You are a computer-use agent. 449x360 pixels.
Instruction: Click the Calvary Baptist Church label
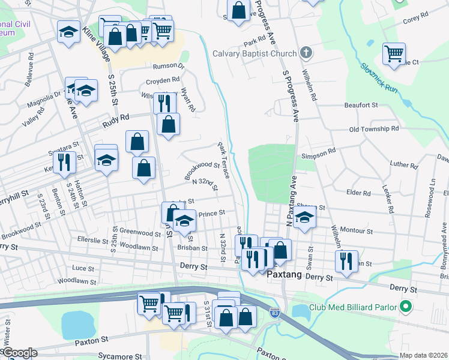pos(255,53)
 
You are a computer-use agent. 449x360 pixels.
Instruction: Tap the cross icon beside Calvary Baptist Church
pos(306,53)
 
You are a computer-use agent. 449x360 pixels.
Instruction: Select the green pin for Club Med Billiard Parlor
pos(405,307)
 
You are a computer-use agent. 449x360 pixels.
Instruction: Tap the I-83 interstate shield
pos(275,313)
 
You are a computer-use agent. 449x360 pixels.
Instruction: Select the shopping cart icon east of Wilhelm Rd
pos(394,53)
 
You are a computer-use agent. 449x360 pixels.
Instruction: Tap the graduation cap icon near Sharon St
pos(305,218)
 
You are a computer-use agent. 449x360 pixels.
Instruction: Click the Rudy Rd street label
pos(116,119)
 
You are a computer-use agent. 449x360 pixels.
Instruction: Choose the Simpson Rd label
pos(318,154)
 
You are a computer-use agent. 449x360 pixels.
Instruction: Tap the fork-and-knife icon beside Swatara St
pos(62,161)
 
